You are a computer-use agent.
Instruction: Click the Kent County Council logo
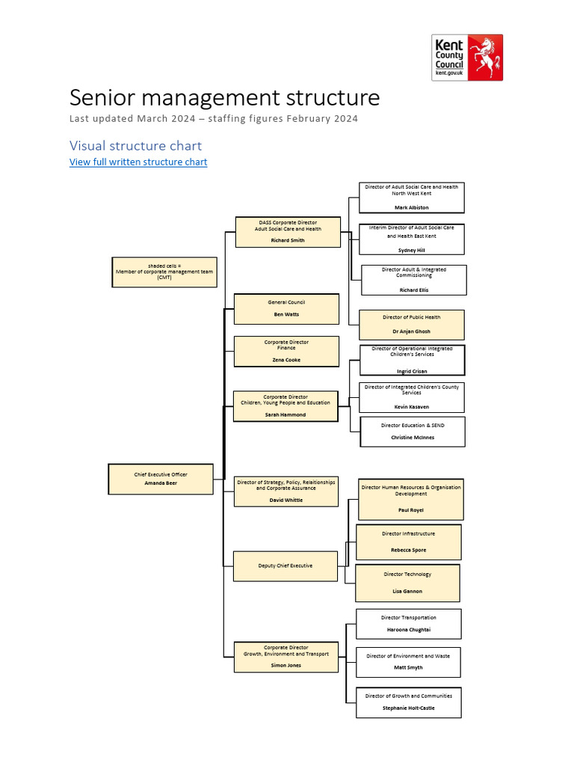pyautogui.click(x=467, y=57)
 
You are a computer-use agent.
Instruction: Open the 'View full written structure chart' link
pyautogui.click(x=138, y=162)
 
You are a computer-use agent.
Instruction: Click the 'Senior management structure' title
pyautogui.click(x=224, y=98)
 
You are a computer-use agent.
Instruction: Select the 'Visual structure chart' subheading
pyautogui.click(x=135, y=145)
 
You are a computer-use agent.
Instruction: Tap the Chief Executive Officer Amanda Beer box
pyautogui.click(x=161, y=479)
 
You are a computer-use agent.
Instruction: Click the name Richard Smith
pyautogui.click(x=288, y=240)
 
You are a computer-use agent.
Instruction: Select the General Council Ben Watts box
pyautogui.click(x=286, y=308)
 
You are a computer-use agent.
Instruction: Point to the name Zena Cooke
pyautogui.click(x=286, y=360)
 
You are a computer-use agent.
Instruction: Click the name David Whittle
pyautogui.click(x=286, y=500)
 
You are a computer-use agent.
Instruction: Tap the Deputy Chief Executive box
pyautogui.click(x=286, y=566)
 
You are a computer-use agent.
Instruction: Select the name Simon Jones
pyautogui.click(x=286, y=665)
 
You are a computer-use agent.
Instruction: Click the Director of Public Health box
pyautogui.click(x=412, y=325)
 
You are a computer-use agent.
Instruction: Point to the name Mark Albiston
pyautogui.click(x=412, y=207)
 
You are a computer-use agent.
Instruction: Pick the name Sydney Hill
pyautogui.click(x=411, y=251)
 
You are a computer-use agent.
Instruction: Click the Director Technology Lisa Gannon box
pyautogui.click(x=407, y=583)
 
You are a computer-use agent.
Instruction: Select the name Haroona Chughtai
pyautogui.click(x=408, y=630)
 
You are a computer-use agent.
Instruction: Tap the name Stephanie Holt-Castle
pyautogui.click(x=408, y=708)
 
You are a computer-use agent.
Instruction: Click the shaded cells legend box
pyautogui.click(x=164, y=272)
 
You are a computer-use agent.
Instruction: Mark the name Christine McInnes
pyautogui.click(x=413, y=438)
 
